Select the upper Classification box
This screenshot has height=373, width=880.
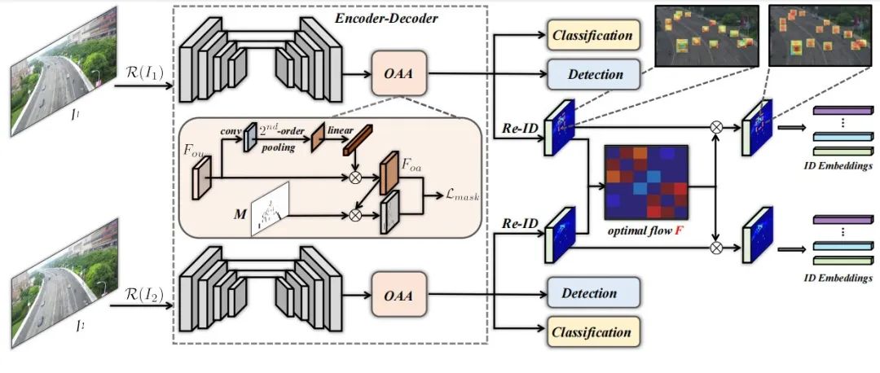pyautogui.click(x=592, y=36)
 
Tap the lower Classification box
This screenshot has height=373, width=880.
pyautogui.click(x=592, y=332)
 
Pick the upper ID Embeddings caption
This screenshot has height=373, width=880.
pyautogui.click(x=838, y=167)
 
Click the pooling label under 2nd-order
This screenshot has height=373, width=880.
pyautogui.click(x=279, y=149)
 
